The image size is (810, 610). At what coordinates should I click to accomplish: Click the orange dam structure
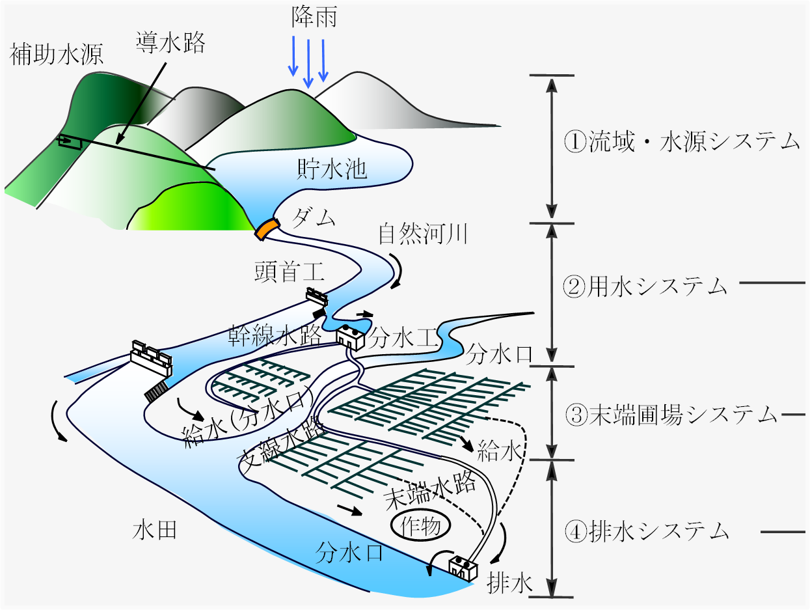coord(267,229)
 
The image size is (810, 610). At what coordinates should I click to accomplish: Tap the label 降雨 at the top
coord(314,18)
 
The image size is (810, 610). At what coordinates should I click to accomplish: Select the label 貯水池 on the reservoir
coord(332,169)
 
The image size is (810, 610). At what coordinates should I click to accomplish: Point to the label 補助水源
coord(56,54)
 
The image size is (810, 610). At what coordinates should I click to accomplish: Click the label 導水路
coord(170,42)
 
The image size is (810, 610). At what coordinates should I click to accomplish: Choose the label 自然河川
coord(423,234)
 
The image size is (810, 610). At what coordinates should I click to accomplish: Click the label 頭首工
coord(290,271)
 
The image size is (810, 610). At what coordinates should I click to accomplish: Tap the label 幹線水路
coord(275,335)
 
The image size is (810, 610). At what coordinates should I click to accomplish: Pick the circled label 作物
coord(421,527)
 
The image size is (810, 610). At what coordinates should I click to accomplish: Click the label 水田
coord(155,530)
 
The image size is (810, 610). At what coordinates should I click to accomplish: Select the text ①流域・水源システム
coord(682,142)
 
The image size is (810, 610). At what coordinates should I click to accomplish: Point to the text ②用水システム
coord(645,287)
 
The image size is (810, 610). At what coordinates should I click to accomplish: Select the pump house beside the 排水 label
coord(463,568)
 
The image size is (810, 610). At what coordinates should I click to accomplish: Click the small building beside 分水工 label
coord(350,337)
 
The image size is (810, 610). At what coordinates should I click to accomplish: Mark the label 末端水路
coord(430,490)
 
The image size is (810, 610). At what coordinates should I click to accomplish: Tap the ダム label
coord(314,218)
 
